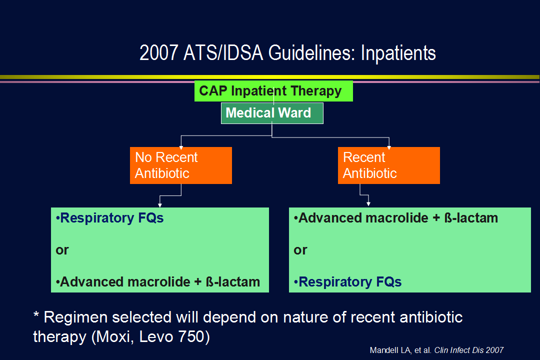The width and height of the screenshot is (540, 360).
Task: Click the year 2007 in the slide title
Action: pyautogui.click(x=159, y=53)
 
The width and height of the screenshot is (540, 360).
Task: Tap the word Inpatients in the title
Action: pyautogui.click(x=398, y=53)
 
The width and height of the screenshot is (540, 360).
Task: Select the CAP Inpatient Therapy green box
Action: pyautogui.click(x=273, y=91)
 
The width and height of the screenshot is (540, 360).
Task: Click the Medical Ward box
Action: pyautogui.click(x=272, y=113)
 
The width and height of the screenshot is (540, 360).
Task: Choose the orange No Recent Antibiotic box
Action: pyautogui.click(x=181, y=165)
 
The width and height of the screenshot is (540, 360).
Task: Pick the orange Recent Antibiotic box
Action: pyautogui.click(x=389, y=165)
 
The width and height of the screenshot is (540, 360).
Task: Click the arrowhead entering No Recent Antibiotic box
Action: pyautogui.click(x=181, y=147)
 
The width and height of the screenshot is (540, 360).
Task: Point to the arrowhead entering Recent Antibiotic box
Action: pyautogui.click(x=389, y=147)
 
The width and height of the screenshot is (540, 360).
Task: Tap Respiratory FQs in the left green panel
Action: pyautogui.click(x=109, y=218)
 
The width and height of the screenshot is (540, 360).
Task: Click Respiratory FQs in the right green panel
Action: pyautogui.click(x=347, y=282)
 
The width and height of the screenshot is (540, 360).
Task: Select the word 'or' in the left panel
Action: pyautogui.click(x=62, y=250)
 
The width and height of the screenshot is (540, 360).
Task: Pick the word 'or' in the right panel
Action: pyautogui.click(x=300, y=250)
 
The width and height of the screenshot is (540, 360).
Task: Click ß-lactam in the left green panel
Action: pyautogui.click(x=233, y=282)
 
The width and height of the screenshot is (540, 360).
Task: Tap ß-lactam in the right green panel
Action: pyautogui.click(x=471, y=217)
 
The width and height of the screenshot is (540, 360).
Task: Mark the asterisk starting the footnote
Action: pyautogui.click(x=36, y=314)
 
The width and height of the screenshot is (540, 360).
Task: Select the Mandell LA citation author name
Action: pyautogui.click(x=390, y=350)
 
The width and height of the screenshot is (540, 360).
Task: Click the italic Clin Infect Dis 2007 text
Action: pyautogui.click(x=468, y=350)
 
